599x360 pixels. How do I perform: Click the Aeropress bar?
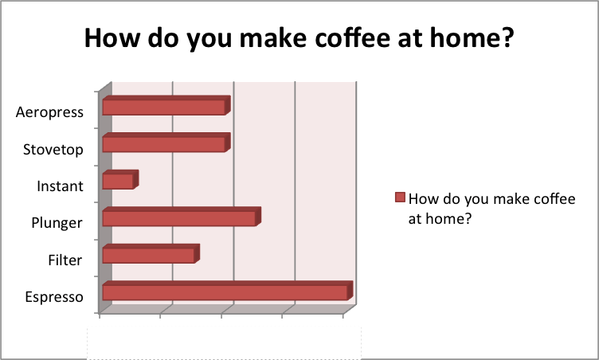point(166,105)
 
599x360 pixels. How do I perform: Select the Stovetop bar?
point(166,143)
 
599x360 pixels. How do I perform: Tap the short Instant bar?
point(120,180)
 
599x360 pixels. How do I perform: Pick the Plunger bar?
point(182,217)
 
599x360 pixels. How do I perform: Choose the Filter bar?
point(151,254)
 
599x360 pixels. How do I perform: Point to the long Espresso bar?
point(228,291)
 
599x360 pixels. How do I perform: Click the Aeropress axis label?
point(49,113)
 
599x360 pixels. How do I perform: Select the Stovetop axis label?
point(53,150)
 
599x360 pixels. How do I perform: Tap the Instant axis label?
point(60,186)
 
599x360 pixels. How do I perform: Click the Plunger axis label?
point(57,223)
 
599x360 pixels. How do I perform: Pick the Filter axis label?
point(65,260)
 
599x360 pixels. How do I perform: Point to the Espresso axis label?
point(54,297)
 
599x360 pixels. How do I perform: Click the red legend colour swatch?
point(400,198)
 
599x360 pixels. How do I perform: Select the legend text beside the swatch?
point(492,209)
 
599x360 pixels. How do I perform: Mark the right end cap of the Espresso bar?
point(350,291)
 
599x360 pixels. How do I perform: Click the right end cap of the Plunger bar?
point(258,217)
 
